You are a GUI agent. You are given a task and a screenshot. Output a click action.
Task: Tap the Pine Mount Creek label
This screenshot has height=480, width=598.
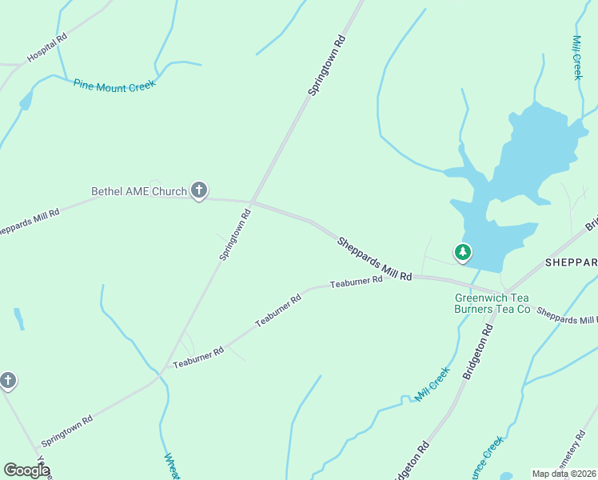(114, 84)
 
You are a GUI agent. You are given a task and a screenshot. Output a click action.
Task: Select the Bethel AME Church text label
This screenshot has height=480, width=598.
(138, 191)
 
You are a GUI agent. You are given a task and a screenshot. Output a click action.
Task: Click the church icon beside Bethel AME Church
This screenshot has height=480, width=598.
(199, 190)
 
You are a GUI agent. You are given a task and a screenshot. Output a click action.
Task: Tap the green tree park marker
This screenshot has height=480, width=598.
(462, 253)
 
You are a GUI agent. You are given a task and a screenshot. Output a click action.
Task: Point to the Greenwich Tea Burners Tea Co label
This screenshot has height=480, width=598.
(492, 303)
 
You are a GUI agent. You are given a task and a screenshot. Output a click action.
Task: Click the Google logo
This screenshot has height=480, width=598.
(26, 470)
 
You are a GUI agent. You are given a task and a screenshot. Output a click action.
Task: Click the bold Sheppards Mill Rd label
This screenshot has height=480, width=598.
(374, 258)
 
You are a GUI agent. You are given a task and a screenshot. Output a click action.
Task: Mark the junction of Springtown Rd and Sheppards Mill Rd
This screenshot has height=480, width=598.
(253, 202)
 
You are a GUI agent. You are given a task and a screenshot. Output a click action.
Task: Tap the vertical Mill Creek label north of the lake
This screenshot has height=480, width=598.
(577, 57)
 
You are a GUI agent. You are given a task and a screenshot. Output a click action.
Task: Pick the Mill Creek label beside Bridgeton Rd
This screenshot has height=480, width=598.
(433, 383)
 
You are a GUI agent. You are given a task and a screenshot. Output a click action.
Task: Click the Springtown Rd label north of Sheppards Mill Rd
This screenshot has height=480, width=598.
(326, 66)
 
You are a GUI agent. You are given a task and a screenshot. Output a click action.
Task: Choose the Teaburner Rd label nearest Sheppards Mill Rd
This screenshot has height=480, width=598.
(357, 282)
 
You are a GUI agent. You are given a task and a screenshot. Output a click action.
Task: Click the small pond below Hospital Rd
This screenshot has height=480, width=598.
(26, 100)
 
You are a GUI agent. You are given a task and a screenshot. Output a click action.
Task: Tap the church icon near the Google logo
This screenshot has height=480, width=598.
(8, 380)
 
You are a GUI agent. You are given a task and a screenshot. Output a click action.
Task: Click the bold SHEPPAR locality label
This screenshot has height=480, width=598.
(571, 262)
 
